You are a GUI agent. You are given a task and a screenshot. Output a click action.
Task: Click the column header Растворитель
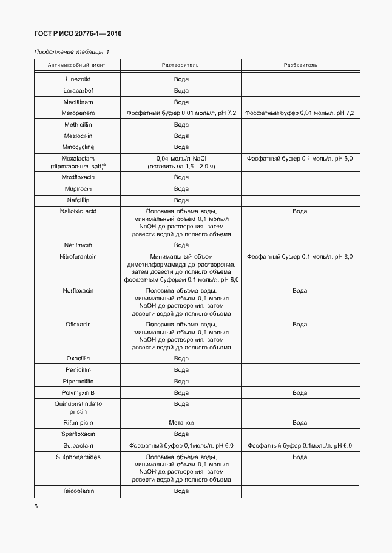[x=181, y=65]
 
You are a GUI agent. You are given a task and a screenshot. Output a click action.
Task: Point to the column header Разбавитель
[x=300, y=65]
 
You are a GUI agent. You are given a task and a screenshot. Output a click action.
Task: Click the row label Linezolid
[x=78, y=79]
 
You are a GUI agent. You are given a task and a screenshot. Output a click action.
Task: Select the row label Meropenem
[x=78, y=113]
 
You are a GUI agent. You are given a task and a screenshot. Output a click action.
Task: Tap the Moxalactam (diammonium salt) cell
[x=78, y=162]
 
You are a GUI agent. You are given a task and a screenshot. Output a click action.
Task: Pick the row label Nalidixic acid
[x=78, y=211]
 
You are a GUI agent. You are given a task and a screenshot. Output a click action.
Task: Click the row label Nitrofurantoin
[x=78, y=257]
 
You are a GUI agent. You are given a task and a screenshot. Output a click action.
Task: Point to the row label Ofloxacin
[x=78, y=325]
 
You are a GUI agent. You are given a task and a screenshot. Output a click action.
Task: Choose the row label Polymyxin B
[x=78, y=392]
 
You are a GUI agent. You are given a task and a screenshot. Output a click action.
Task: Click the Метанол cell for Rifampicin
[x=181, y=423]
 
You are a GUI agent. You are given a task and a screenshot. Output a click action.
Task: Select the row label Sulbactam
[x=78, y=445]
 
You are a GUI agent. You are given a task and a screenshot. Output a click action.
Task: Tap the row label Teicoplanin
[x=78, y=491]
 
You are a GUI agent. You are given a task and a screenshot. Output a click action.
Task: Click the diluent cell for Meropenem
[x=300, y=113]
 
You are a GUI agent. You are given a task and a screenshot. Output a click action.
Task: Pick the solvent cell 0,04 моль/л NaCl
[x=181, y=158]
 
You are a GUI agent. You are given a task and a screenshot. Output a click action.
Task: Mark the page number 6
[x=36, y=506]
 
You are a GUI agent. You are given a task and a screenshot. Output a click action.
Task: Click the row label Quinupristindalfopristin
[x=78, y=407]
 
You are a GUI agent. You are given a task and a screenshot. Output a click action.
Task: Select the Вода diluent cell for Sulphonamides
[x=300, y=457]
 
